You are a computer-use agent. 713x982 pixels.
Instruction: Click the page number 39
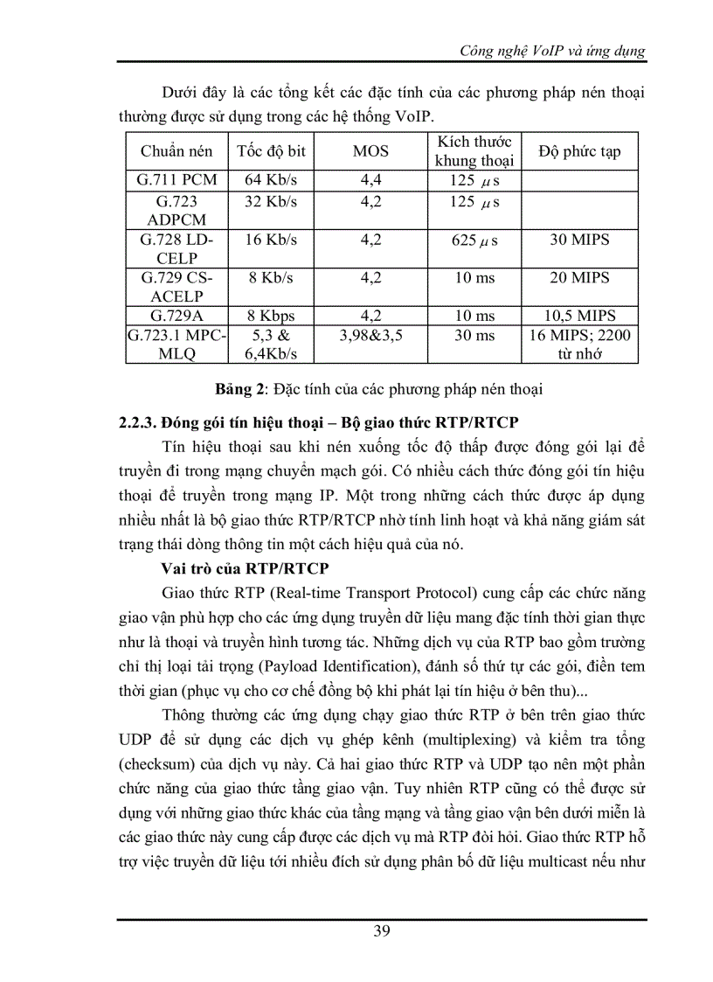[382, 930]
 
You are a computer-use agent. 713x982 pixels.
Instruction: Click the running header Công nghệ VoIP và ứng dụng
[552, 51]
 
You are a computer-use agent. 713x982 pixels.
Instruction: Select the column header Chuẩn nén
[176, 151]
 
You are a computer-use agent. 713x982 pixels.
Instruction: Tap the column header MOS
[370, 151]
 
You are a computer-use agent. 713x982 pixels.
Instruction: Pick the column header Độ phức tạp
[580, 151]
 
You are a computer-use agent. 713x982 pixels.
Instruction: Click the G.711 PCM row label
[176, 181]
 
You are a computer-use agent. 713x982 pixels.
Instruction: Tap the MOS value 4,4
[370, 181]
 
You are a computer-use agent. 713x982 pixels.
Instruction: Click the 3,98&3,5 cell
[370, 336]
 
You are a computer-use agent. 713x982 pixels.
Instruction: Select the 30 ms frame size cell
[475, 336]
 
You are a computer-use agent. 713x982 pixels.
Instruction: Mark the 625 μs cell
[475, 240]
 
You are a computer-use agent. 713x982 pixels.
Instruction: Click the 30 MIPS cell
[580, 240]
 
